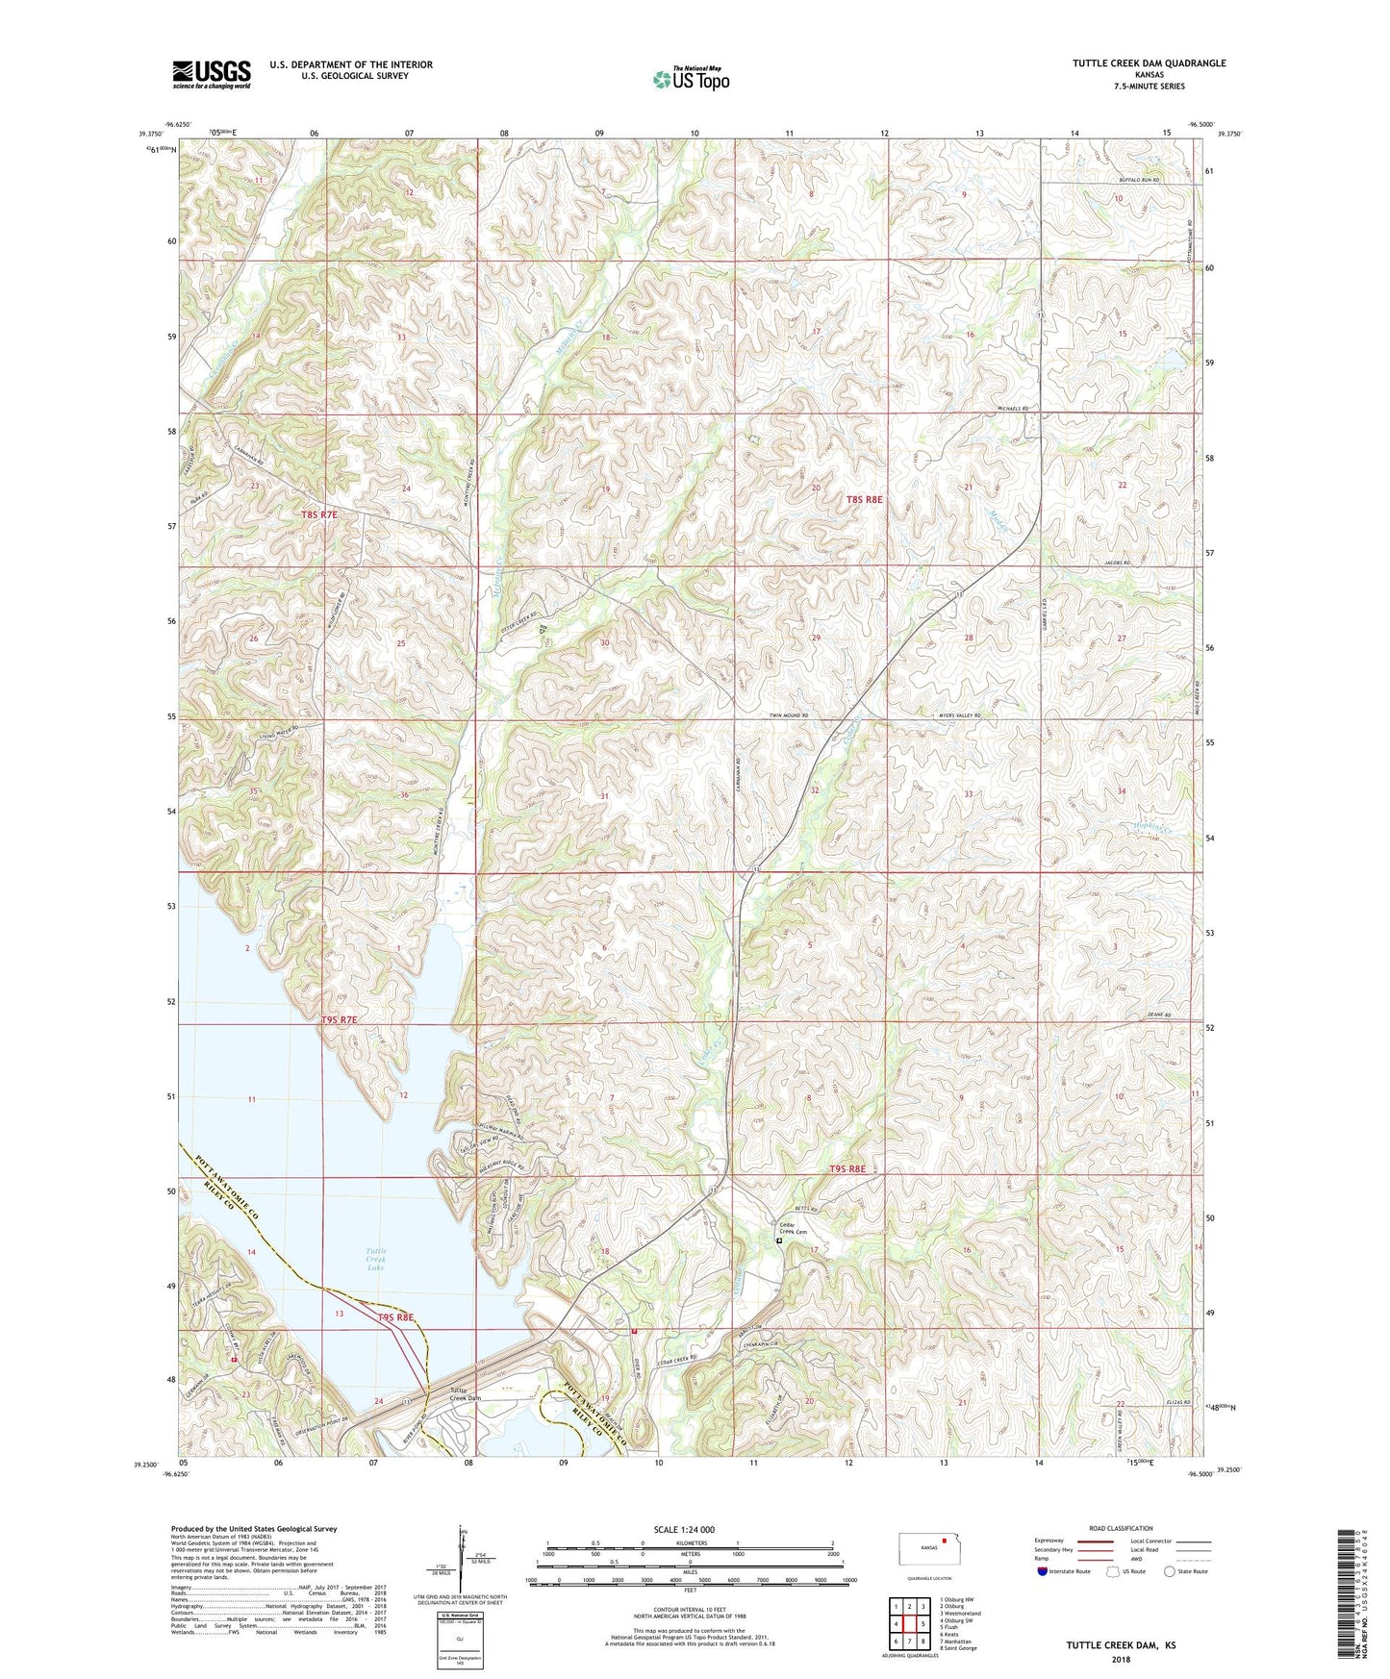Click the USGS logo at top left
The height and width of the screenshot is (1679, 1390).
tap(211, 74)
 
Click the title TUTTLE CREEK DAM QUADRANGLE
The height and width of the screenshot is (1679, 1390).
tap(1149, 63)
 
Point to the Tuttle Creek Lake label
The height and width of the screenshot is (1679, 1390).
tap(375, 1260)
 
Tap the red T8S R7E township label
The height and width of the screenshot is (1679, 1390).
tap(319, 514)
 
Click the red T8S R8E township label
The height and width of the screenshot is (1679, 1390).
tap(864, 499)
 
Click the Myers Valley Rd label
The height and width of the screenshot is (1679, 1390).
tap(959, 716)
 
